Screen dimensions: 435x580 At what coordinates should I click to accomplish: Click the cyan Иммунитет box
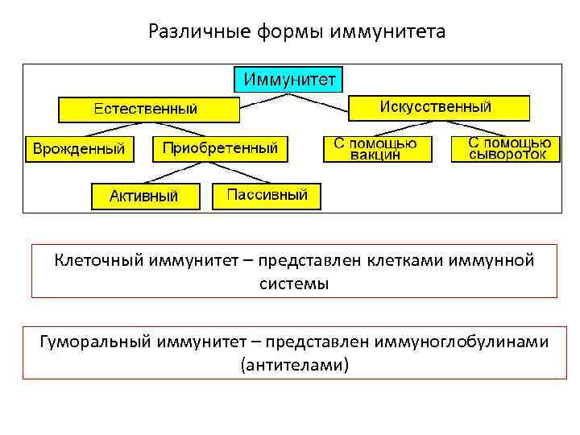tap(288, 79)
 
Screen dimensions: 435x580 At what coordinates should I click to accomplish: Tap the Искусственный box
tap(439, 107)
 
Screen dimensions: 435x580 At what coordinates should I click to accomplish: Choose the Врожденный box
tap(78, 148)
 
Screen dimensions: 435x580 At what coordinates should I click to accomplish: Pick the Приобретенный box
tap(220, 148)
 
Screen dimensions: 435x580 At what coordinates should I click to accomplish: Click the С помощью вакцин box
tap(376, 148)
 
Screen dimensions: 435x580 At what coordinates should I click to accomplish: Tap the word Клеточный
tap(97, 260)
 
